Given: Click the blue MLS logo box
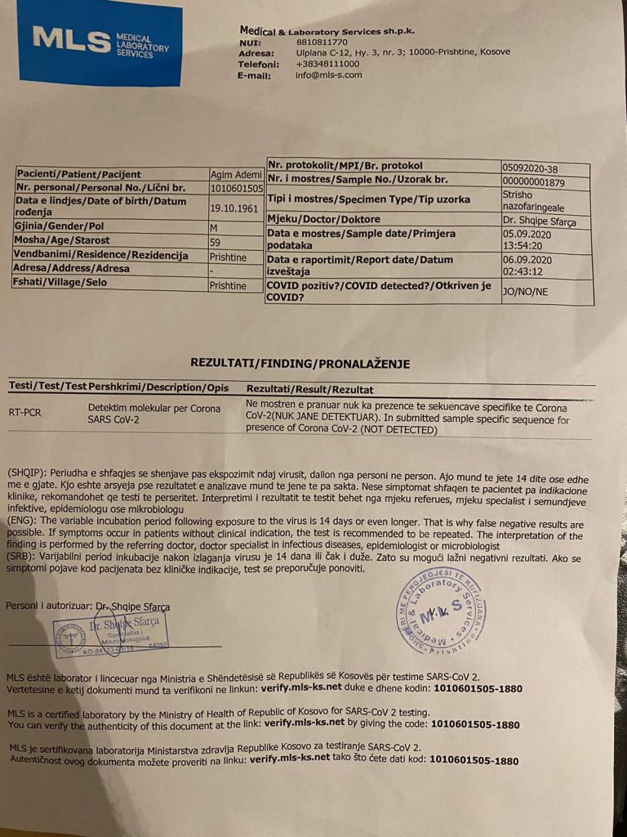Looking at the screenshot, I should [x=99, y=43].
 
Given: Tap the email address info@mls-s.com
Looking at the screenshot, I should [x=328, y=75].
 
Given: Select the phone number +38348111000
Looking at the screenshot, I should [x=327, y=63].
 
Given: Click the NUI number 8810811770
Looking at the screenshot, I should [x=322, y=42].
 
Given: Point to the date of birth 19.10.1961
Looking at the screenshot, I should [x=234, y=208].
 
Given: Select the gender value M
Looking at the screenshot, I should [x=214, y=226].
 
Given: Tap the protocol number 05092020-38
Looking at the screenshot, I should [x=531, y=168].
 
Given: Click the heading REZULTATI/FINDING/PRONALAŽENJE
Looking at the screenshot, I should [x=300, y=364].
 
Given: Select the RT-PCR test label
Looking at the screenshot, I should [x=25, y=413].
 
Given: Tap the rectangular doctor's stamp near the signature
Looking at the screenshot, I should [x=113, y=633].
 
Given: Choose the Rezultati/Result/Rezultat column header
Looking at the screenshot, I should [x=309, y=390].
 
